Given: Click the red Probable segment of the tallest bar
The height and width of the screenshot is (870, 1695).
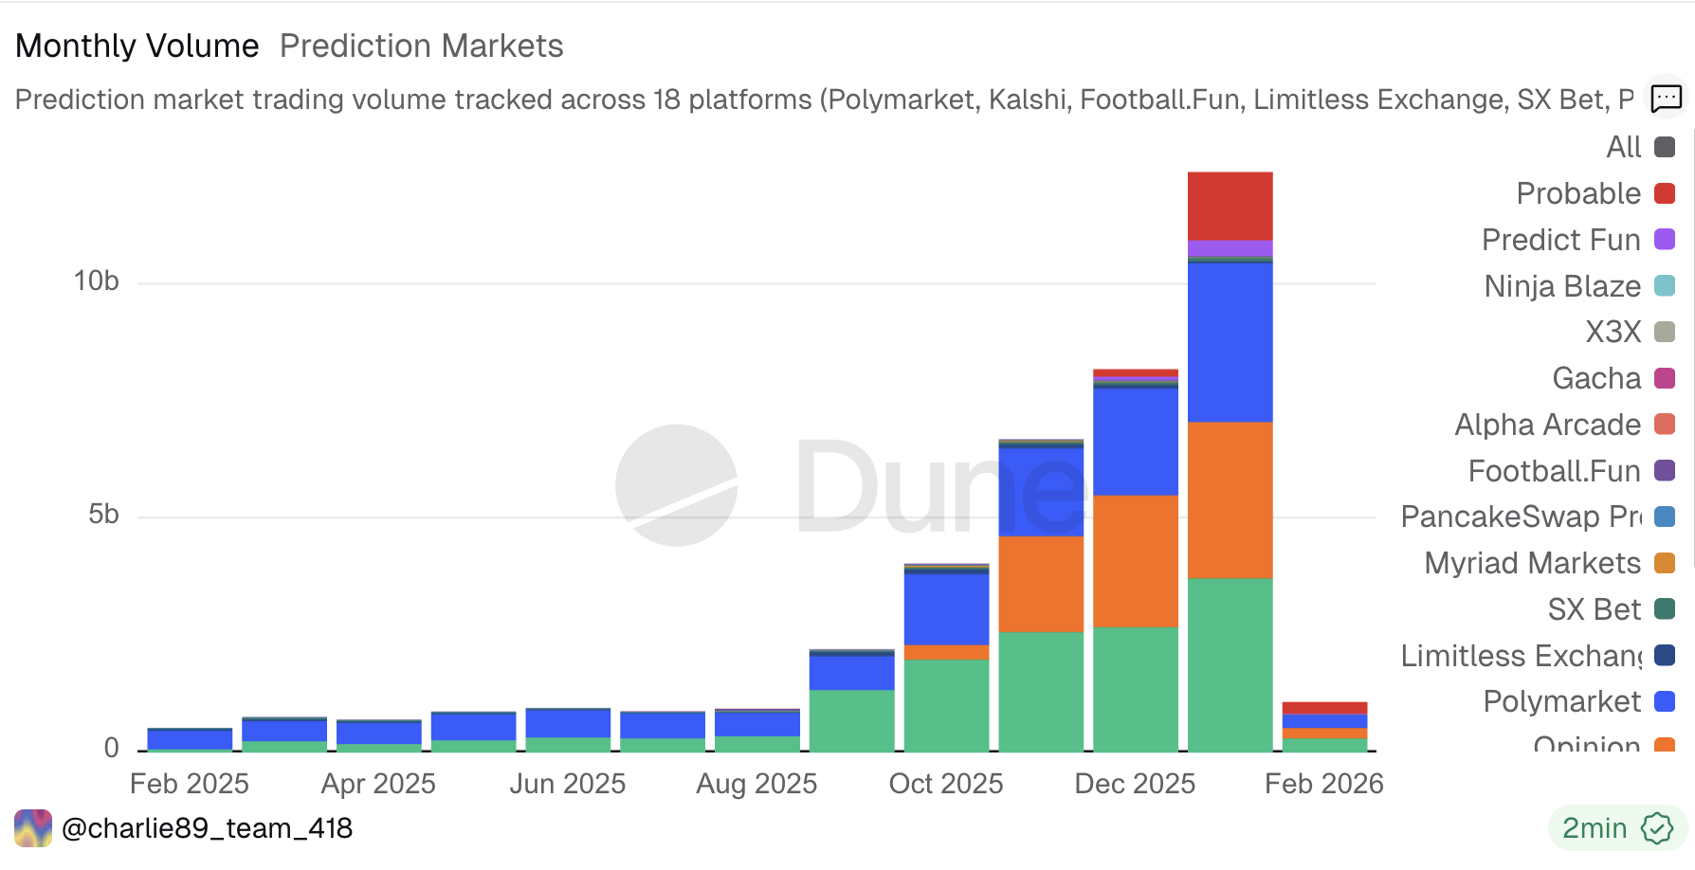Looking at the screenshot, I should [1230, 206].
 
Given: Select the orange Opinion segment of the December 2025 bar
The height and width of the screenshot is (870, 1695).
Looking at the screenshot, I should [1135, 560].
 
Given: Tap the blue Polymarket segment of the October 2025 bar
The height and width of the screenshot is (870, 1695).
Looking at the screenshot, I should [946, 608].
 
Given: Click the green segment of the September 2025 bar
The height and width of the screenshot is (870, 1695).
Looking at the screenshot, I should [851, 720].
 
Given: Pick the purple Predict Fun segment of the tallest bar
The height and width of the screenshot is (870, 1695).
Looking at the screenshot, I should [1230, 248].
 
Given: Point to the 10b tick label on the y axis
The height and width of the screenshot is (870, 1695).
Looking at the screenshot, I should [97, 281].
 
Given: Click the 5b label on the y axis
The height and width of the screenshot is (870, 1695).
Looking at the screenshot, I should [103, 515].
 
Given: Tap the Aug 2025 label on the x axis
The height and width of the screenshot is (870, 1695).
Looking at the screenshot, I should [756, 784].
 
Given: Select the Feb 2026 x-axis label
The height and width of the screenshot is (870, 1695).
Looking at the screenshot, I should [1323, 784].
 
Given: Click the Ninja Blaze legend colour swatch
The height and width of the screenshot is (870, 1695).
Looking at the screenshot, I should [1664, 285].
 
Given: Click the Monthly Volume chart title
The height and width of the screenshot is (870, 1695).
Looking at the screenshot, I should [137, 45].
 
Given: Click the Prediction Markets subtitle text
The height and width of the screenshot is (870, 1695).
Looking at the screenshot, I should [421, 45].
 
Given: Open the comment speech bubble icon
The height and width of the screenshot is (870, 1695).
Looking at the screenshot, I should [1666, 98].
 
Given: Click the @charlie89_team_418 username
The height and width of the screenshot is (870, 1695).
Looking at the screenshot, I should [207, 828].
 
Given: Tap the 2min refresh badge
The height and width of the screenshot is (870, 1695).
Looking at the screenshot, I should [1616, 828].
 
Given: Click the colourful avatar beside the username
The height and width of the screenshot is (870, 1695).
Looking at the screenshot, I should [33, 828].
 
